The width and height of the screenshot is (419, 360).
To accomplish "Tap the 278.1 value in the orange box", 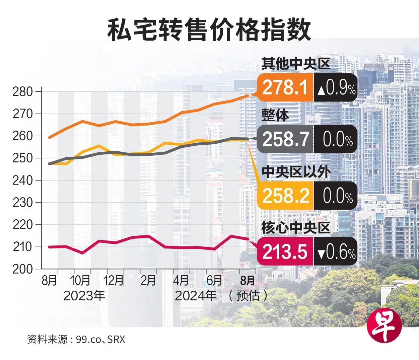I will [x=285, y=87].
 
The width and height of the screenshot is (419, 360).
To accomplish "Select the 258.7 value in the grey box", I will [x=285, y=139].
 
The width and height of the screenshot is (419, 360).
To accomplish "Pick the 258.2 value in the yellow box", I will [x=285, y=196].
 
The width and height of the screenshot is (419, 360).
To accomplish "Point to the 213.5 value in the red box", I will [x=285, y=251].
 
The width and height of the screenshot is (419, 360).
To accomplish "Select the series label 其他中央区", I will [x=296, y=64].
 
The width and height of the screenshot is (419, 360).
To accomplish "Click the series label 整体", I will [x=275, y=115].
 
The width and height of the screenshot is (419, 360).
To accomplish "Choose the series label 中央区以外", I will [x=296, y=172].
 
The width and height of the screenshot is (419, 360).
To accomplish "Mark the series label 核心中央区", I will [x=296, y=228].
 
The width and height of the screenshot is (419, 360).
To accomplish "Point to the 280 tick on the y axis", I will [x=22, y=91].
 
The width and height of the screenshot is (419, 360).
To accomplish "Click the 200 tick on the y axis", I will [x=22, y=269].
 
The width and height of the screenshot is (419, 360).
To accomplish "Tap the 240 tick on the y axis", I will [x=22, y=180].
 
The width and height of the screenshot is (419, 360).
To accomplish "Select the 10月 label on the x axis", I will [x=80, y=280].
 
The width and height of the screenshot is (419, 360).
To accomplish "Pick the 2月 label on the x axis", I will [x=148, y=280].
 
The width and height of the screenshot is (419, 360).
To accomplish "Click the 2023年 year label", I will [x=84, y=296].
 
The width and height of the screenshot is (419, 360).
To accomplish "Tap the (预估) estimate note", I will [x=248, y=296].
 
